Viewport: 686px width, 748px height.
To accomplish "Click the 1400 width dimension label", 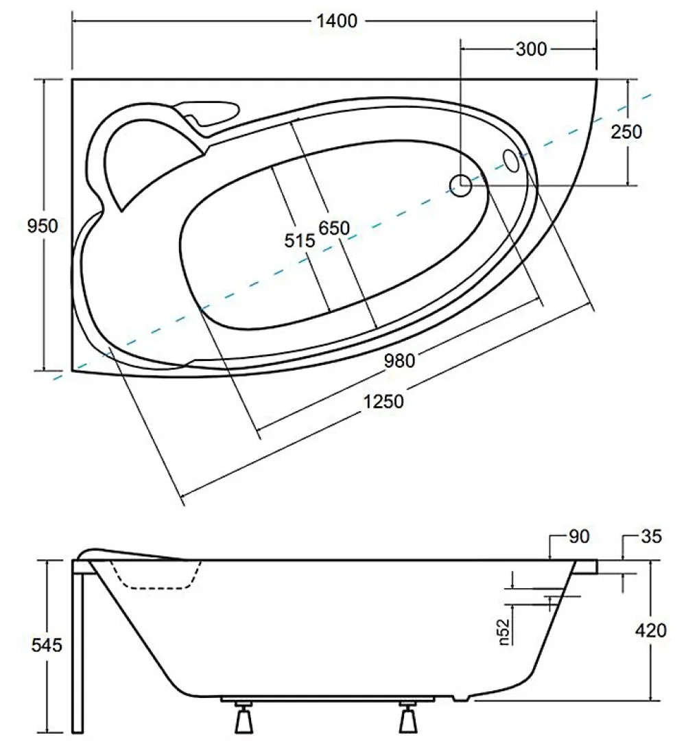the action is coord(337,21).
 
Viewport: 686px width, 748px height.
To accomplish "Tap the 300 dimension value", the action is coord(531,49).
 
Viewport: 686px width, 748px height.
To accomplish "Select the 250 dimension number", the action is coord(626,132).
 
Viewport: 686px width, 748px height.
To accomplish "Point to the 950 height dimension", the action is coord(43,226).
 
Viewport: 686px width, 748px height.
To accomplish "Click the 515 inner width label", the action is coord(299,240).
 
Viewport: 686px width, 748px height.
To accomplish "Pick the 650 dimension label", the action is coord(334,229).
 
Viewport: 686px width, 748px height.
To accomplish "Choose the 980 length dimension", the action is coord(399,361).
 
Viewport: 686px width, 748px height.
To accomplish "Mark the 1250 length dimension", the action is coord(383,401).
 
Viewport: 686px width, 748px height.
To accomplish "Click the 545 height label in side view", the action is coord(47,646).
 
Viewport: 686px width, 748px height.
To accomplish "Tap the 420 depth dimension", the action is coord(650,631).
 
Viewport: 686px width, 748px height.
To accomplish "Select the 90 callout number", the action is coord(579,537).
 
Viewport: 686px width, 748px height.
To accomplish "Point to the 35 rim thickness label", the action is coord(651,537).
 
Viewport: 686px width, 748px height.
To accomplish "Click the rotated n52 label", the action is coord(506,632).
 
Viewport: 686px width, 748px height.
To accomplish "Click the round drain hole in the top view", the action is coord(461,185).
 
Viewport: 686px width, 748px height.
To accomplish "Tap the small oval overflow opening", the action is coord(511,161).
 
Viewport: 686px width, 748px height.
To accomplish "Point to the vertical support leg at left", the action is coord(78,647).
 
